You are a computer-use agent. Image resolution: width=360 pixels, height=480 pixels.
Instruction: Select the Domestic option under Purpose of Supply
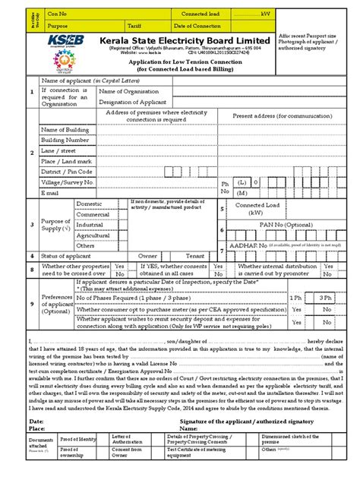tap(90, 204)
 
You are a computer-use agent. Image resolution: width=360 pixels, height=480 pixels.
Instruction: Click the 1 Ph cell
tap(295, 298)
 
